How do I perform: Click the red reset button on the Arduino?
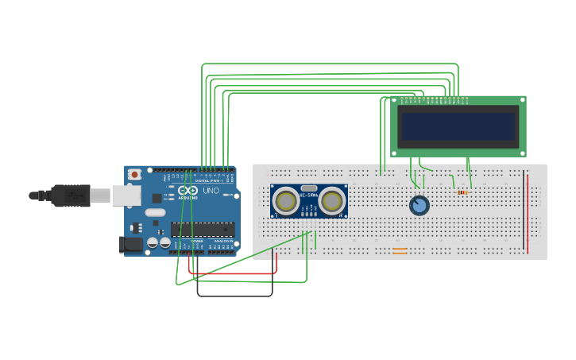tap(135, 174)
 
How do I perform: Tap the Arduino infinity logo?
tap(187, 191)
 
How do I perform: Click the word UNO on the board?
tap(211, 191)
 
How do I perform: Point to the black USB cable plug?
tap(72, 195)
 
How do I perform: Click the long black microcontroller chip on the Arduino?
tap(203, 230)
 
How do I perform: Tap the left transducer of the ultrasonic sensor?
tap(285, 202)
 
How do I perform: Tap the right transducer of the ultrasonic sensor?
tap(333, 202)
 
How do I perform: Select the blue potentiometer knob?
tap(419, 206)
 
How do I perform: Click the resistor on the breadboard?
tap(462, 192)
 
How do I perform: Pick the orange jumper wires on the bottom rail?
tap(400, 251)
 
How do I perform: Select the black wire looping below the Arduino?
tap(234, 296)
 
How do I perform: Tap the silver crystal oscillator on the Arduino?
tap(156, 212)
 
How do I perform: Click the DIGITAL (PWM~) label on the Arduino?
tap(208, 180)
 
